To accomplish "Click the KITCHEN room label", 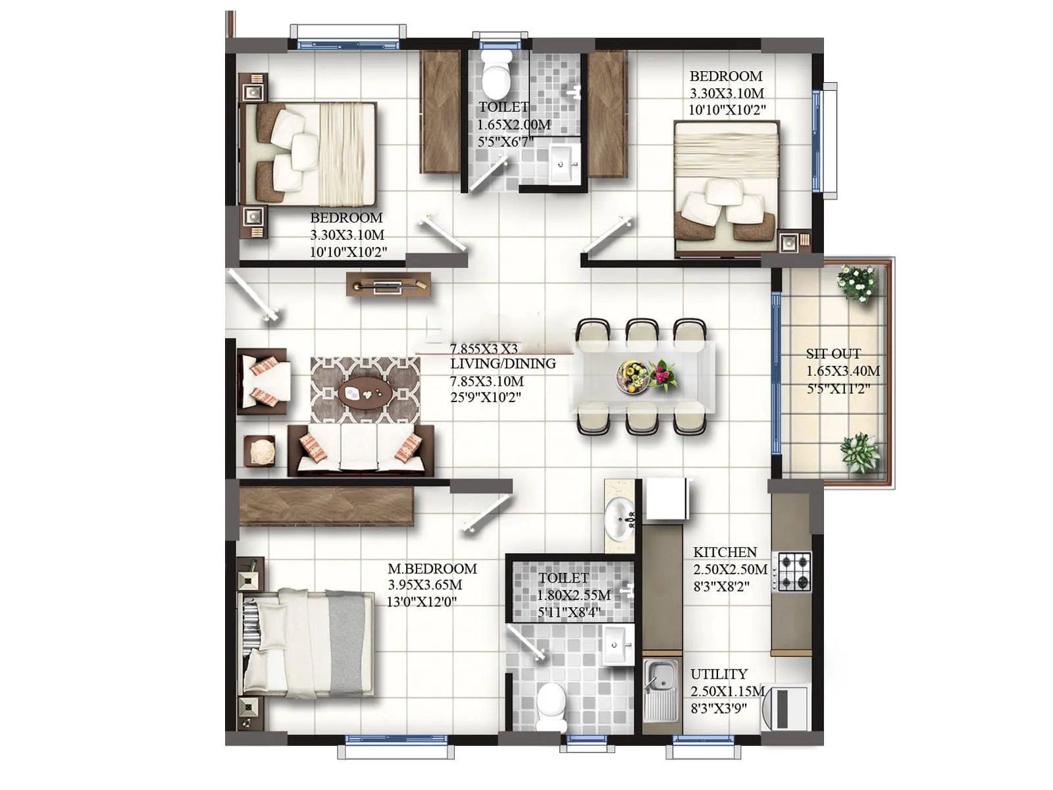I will (x=725, y=552).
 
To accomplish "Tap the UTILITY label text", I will (x=719, y=674).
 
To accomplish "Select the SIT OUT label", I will (x=833, y=354).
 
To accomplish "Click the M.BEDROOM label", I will (x=432, y=568).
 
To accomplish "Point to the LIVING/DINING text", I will (x=503, y=363).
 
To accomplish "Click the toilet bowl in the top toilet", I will (x=497, y=74).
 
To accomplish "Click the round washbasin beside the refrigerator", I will (x=619, y=517).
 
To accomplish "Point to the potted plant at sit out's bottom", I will (x=859, y=452).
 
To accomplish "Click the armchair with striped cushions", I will (x=263, y=381).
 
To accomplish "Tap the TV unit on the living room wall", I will (x=388, y=285).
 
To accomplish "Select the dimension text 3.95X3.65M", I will (x=424, y=585).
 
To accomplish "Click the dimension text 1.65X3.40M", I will (x=843, y=371).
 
